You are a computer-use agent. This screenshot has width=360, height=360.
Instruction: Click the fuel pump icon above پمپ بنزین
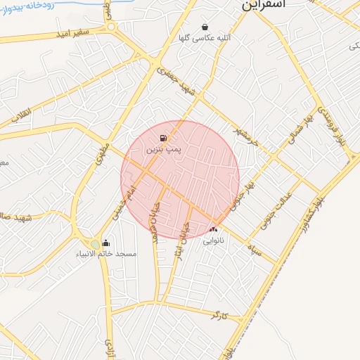[164, 138]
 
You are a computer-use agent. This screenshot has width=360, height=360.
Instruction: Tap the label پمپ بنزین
[164, 150]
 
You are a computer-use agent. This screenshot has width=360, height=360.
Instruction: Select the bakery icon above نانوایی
[213, 229]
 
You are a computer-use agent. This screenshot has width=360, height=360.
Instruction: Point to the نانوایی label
[214, 240]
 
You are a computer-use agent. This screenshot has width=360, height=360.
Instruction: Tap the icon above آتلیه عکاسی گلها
[205, 27]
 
